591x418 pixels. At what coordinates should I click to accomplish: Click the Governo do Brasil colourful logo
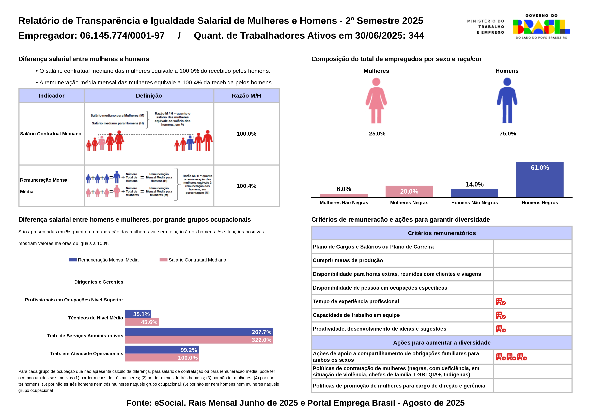point(541,27)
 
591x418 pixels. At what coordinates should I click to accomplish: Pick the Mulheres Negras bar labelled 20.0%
point(409,192)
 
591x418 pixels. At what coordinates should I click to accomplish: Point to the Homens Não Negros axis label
point(474,203)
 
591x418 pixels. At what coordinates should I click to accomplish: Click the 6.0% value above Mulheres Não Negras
point(344,189)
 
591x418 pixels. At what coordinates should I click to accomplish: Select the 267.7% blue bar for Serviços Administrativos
point(199,332)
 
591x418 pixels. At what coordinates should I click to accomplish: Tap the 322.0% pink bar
point(199,340)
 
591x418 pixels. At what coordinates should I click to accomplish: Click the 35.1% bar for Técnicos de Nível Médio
point(138,314)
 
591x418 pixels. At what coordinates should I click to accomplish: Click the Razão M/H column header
point(246,96)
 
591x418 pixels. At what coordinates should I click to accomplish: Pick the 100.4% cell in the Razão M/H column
point(246,186)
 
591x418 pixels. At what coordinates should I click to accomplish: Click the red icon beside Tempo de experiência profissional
point(501,302)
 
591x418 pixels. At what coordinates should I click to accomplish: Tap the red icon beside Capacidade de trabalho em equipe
point(501,315)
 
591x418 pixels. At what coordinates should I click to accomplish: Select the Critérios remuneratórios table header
point(442,233)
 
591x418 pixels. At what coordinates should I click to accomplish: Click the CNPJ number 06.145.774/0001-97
point(122,36)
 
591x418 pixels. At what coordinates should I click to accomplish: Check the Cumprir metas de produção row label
point(348,260)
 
